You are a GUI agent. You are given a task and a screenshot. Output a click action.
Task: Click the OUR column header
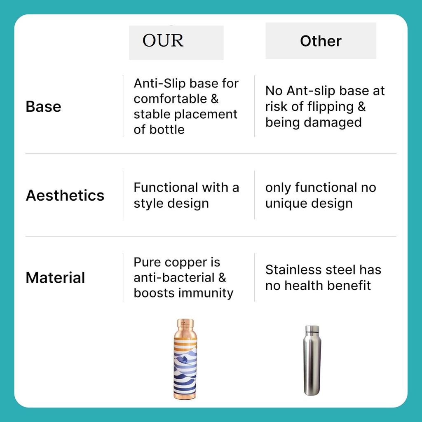[x=163, y=41]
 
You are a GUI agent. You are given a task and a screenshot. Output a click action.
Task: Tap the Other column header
[x=321, y=41]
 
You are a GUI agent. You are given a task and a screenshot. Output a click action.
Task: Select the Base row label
[x=43, y=106]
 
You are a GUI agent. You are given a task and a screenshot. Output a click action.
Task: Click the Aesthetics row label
[x=65, y=195]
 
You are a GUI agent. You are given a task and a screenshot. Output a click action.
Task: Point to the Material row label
[x=55, y=277]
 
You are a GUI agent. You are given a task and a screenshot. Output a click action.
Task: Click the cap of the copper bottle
[x=185, y=323]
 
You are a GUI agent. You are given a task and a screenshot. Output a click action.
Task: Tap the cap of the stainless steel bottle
[x=312, y=330]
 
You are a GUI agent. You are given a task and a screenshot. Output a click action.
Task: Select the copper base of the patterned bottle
[x=185, y=395]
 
